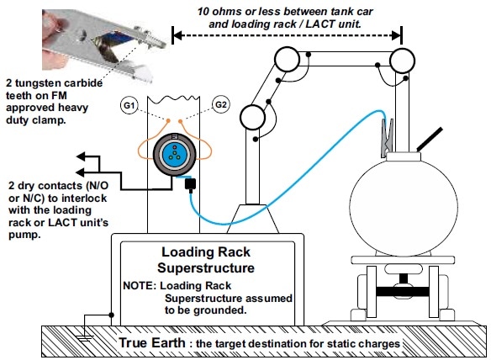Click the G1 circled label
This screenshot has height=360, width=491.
coord(129,105)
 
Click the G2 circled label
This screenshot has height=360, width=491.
coord(221,104)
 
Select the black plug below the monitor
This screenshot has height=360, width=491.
coord(190,184)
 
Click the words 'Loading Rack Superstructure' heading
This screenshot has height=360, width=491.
coord(206,260)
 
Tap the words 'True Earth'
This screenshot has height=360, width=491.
coord(152,342)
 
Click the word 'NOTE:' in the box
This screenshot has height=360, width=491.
coord(140,285)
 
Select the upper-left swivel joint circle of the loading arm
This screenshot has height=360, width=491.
coord(287,59)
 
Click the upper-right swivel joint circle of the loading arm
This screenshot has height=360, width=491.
coord(402,61)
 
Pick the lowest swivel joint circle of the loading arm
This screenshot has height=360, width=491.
coord(252,117)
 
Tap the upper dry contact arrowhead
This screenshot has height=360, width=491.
coord(81,156)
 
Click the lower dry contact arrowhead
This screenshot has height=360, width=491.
coord(81,172)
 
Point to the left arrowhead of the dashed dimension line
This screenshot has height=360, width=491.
coord(177,35)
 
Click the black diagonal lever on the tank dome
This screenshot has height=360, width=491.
coord(430,139)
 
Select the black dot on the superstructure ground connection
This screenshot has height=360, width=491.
coord(111,315)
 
